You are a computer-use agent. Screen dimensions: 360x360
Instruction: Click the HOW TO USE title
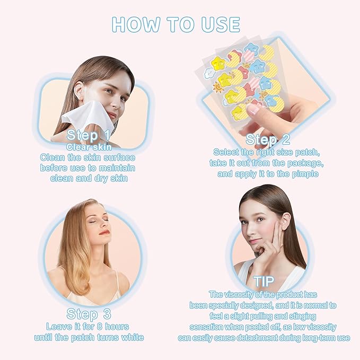[176, 24]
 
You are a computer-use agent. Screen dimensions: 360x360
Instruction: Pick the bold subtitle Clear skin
[89, 146]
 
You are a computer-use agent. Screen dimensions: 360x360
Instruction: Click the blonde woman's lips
[103, 232]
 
